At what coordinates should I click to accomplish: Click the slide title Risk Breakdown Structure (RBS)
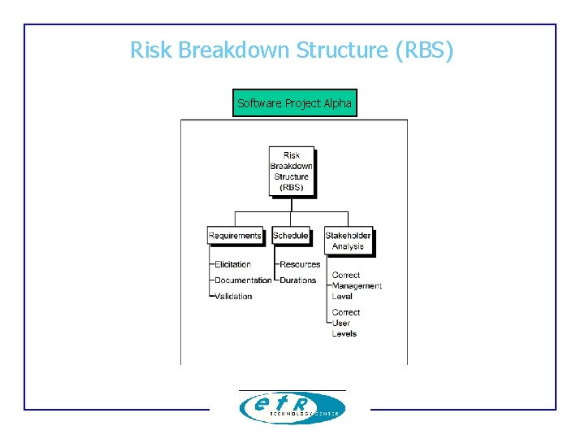[292, 50]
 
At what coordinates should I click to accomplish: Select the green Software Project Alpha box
[294, 103]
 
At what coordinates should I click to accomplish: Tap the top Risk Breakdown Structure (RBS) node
[292, 172]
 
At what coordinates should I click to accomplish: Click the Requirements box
[235, 236]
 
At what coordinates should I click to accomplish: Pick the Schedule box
[291, 236]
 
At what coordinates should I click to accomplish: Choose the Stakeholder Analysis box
[348, 241]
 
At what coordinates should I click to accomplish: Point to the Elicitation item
[232, 264]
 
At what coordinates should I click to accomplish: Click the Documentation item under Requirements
[243, 280]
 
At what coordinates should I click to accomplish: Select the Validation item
[233, 297]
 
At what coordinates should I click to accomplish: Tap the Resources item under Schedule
[300, 264]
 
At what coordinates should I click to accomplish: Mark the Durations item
[297, 280]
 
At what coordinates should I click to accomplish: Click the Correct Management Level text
[356, 286]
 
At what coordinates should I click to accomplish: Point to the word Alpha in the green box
[337, 103]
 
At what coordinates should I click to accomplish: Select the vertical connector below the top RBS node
[292, 204]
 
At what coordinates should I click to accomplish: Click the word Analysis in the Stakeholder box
[348, 246]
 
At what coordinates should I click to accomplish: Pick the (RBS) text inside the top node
[292, 187]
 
